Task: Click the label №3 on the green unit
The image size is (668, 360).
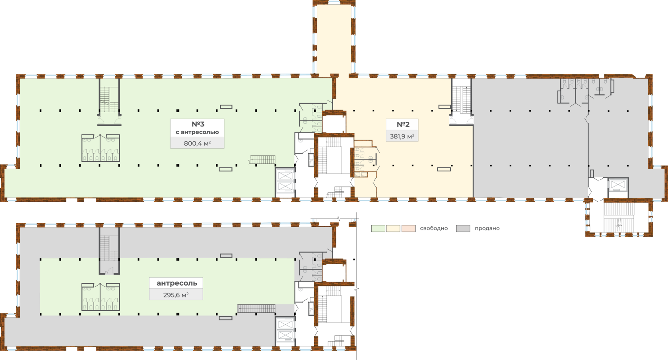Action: click(x=198, y=124)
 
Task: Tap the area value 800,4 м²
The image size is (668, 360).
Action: click(x=197, y=143)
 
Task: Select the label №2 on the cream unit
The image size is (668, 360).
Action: click(x=403, y=125)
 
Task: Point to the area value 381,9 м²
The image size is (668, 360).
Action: click(x=402, y=136)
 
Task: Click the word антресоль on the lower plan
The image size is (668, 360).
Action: click(x=177, y=283)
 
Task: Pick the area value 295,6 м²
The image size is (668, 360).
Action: click(x=176, y=295)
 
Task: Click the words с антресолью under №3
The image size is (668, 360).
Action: click(x=197, y=132)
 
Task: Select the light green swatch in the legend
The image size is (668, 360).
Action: click(x=378, y=228)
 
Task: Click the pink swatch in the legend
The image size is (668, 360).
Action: click(x=408, y=228)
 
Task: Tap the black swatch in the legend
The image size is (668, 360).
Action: click(x=463, y=228)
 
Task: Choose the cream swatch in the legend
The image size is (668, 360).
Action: click(x=393, y=228)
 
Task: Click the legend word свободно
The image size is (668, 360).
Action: click(x=434, y=228)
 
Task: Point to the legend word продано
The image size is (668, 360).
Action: click(x=487, y=228)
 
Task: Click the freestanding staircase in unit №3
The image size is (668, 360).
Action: click(x=262, y=160)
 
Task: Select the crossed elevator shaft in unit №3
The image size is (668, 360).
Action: click(x=285, y=182)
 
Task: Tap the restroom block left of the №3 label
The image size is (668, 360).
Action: click(x=101, y=148)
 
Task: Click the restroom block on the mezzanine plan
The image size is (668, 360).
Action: click(x=101, y=297)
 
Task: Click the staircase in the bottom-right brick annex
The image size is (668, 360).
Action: click(x=619, y=218)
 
